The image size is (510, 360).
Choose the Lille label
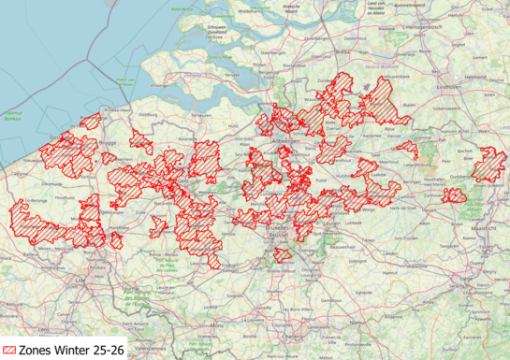78,278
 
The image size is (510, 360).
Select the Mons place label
218,325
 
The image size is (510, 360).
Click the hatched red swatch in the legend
8,351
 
